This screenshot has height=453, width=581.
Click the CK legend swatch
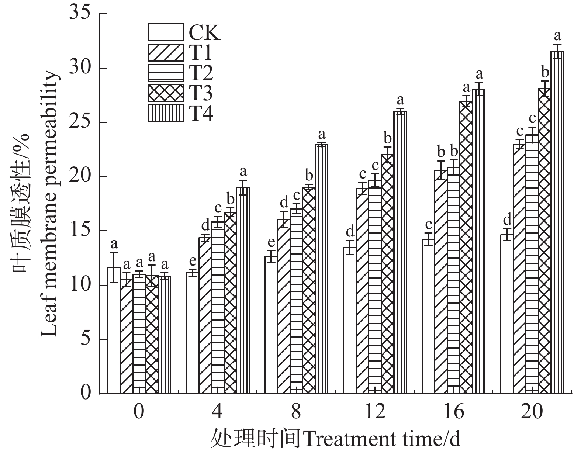click(166, 32)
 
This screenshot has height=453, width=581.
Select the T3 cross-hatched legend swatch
click(166, 93)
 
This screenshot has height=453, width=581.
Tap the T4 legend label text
click(201, 113)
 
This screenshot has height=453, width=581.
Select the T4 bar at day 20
click(557, 221)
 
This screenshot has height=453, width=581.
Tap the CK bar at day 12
click(350, 321)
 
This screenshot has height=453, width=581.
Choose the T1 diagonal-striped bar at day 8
click(283, 306)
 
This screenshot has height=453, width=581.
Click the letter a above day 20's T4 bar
click(557, 36)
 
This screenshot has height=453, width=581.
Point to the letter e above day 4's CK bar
click(192, 262)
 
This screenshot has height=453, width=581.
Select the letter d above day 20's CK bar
click(507, 220)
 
